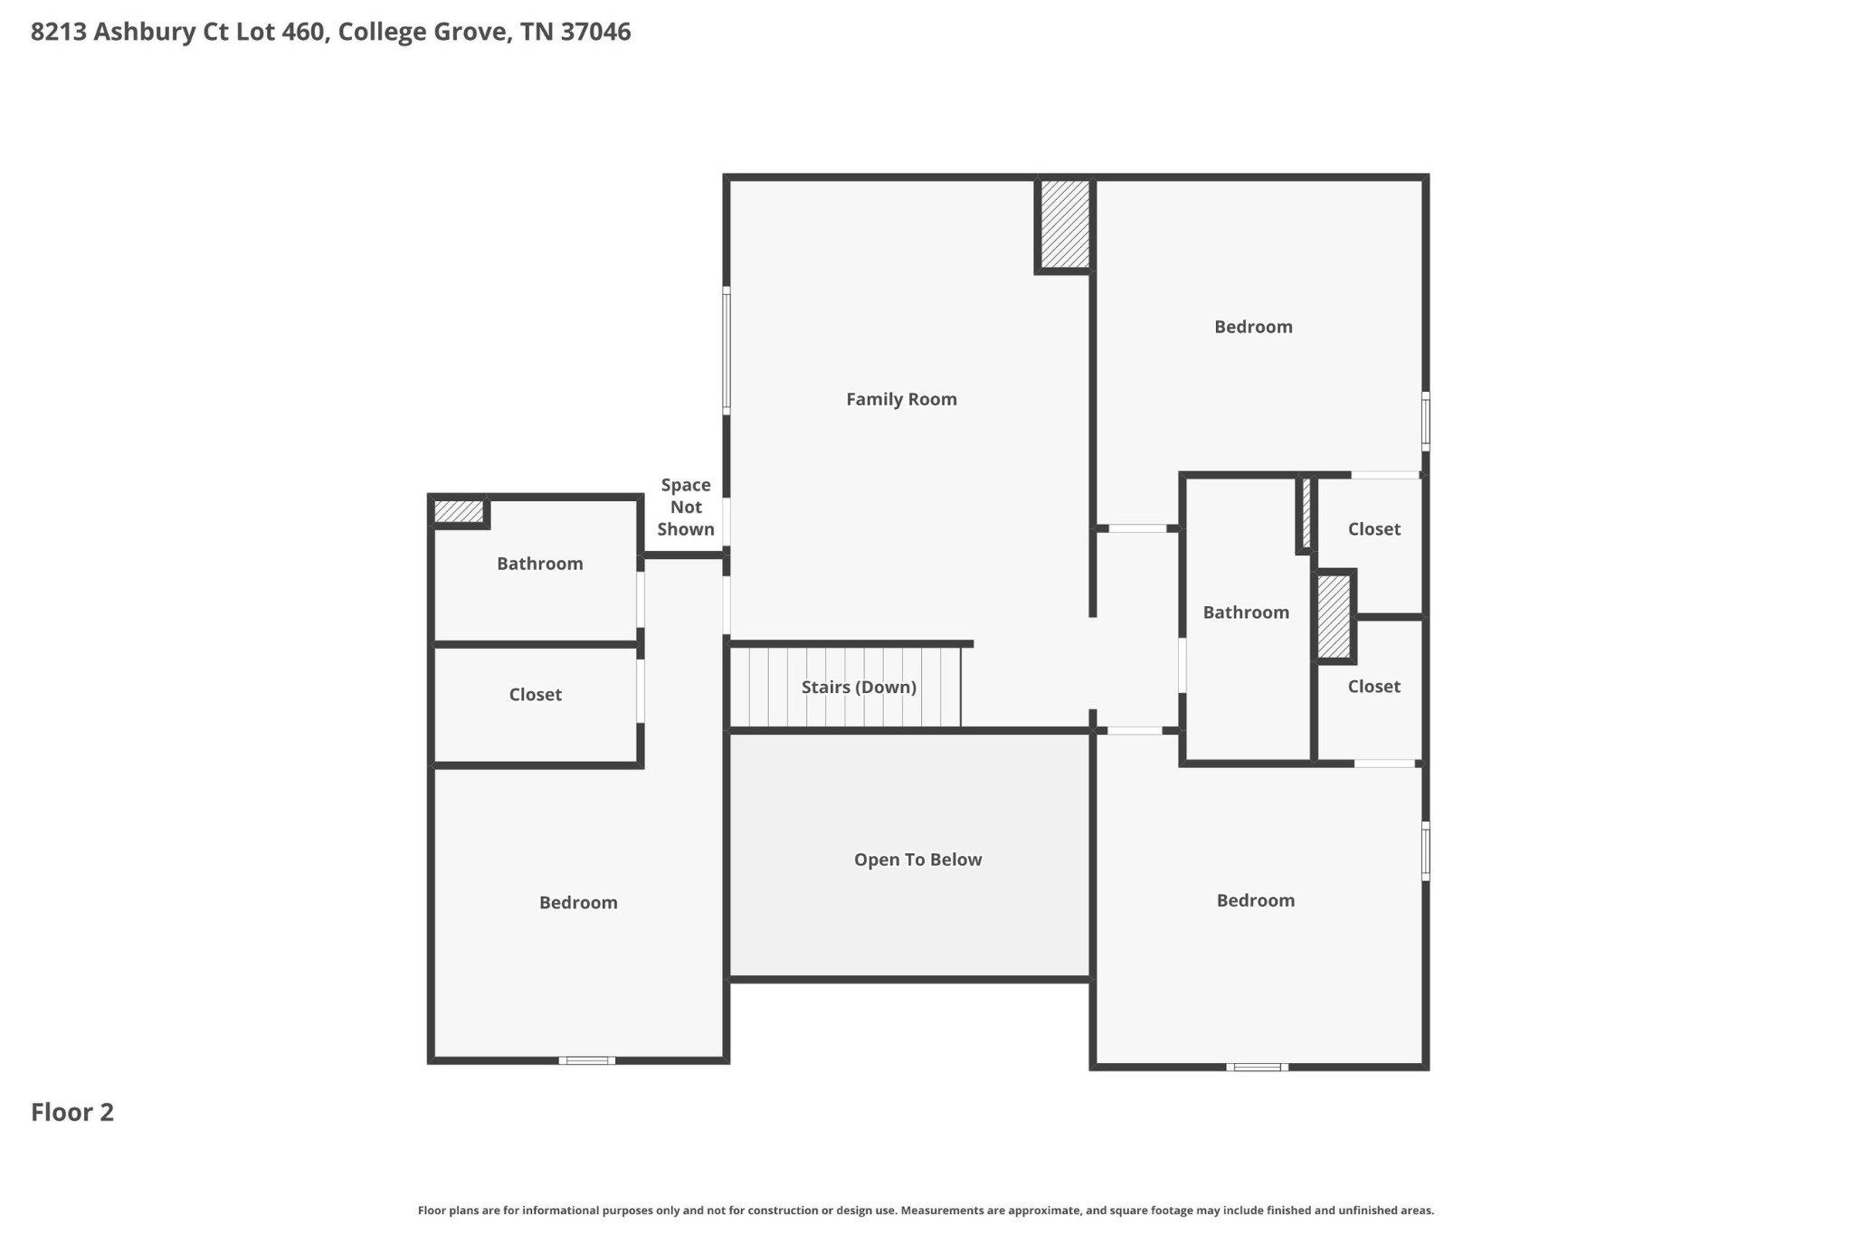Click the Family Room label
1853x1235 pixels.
901,399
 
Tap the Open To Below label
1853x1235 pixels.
917,860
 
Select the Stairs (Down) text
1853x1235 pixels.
859,687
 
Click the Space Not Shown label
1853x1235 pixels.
686,507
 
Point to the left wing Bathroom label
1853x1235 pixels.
539,564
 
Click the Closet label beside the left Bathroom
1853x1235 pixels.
535,695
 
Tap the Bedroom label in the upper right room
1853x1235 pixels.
1253,327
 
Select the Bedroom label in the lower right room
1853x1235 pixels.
1255,900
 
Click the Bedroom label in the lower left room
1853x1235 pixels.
578,902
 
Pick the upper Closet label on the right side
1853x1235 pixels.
1373,529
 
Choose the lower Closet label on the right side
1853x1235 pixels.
1373,687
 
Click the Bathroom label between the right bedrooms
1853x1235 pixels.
1246,613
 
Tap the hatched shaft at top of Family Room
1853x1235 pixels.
1064,223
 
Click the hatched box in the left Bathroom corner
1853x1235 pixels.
459,511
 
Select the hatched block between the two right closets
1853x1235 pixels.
1333,617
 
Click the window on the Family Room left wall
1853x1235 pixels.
727,350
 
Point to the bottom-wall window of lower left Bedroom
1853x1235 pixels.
586,1060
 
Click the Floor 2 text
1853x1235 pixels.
72,1112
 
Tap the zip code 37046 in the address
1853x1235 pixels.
595,32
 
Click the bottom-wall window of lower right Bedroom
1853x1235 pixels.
1258,1068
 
